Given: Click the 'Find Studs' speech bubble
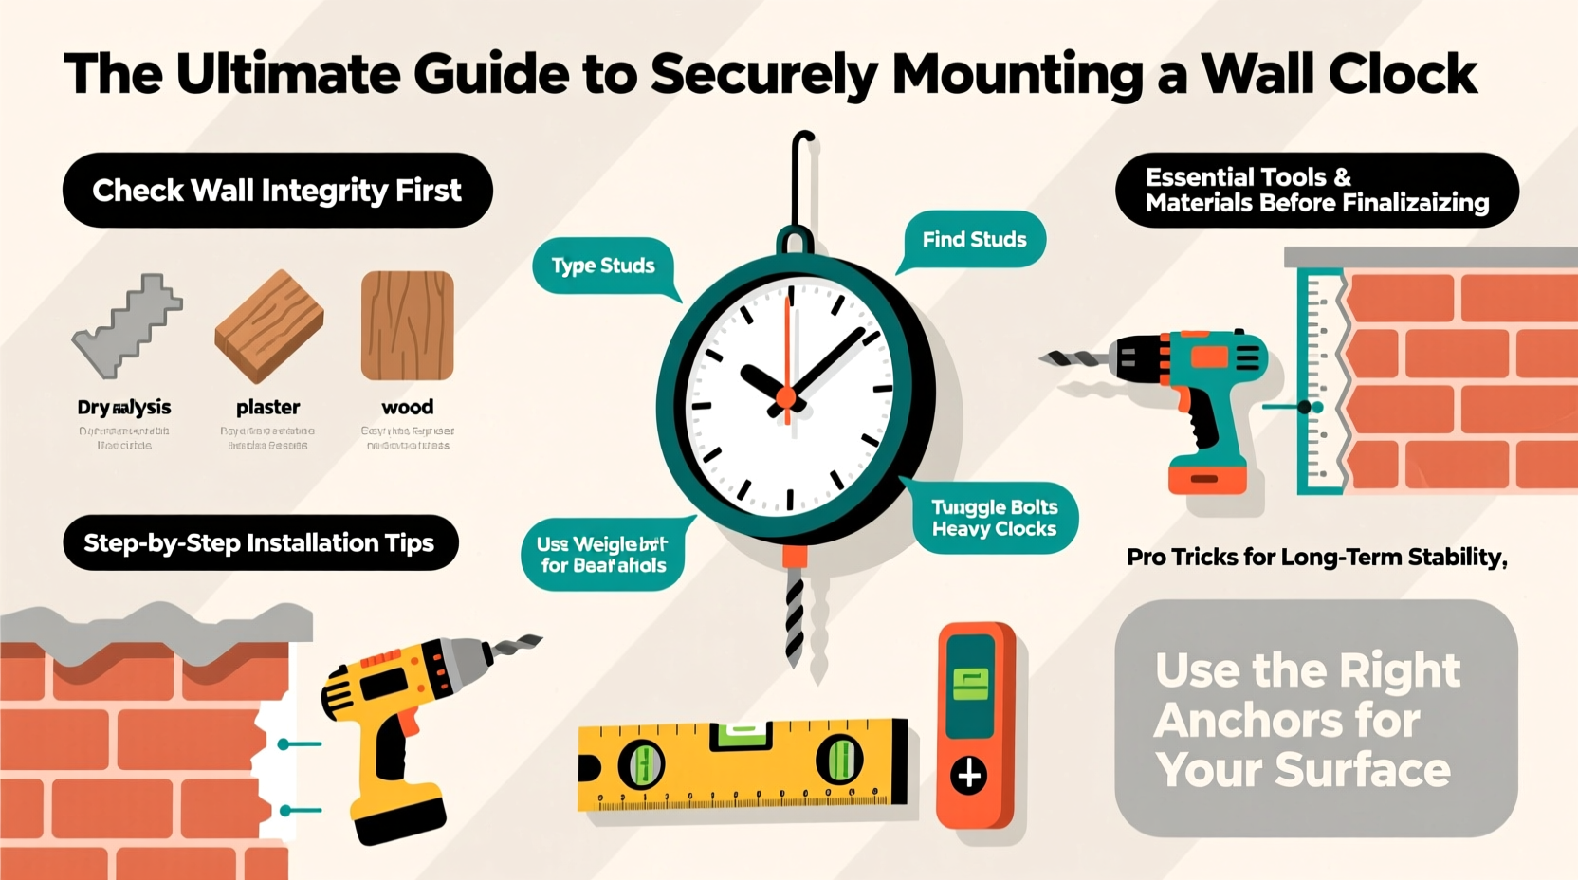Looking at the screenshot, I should click(974, 239).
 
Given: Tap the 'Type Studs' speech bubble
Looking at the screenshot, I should click(603, 266).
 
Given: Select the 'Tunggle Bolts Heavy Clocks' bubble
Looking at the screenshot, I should click(994, 519).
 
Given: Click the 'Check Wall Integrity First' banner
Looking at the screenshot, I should click(277, 191).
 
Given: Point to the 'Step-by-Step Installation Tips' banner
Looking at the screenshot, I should click(260, 543).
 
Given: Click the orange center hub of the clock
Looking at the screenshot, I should click(786, 397).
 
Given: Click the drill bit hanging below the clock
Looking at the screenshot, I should click(795, 616).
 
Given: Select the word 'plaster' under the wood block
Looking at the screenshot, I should click(267, 407).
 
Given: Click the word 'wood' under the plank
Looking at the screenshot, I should click(408, 407).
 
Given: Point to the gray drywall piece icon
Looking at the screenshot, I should click(126, 327).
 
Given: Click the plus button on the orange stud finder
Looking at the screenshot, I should click(969, 776).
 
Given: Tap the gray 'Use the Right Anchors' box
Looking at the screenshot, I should click(1315, 718).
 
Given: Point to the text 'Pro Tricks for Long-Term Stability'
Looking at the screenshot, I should click(1315, 558).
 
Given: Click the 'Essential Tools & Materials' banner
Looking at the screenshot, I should click(1316, 190).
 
